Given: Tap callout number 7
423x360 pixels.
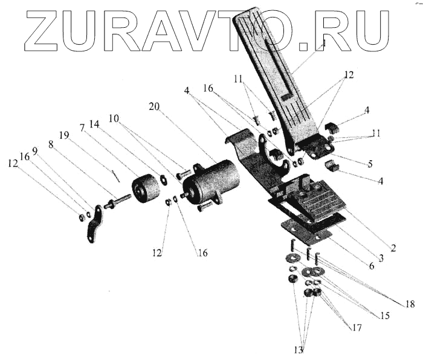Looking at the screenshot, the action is [x=82, y=128].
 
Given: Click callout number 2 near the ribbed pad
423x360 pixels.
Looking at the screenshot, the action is [x=393, y=248].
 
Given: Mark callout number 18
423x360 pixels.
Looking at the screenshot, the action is [x=410, y=304].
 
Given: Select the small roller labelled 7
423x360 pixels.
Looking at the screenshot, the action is [x=146, y=189].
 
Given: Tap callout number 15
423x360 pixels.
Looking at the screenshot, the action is [x=385, y=315].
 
